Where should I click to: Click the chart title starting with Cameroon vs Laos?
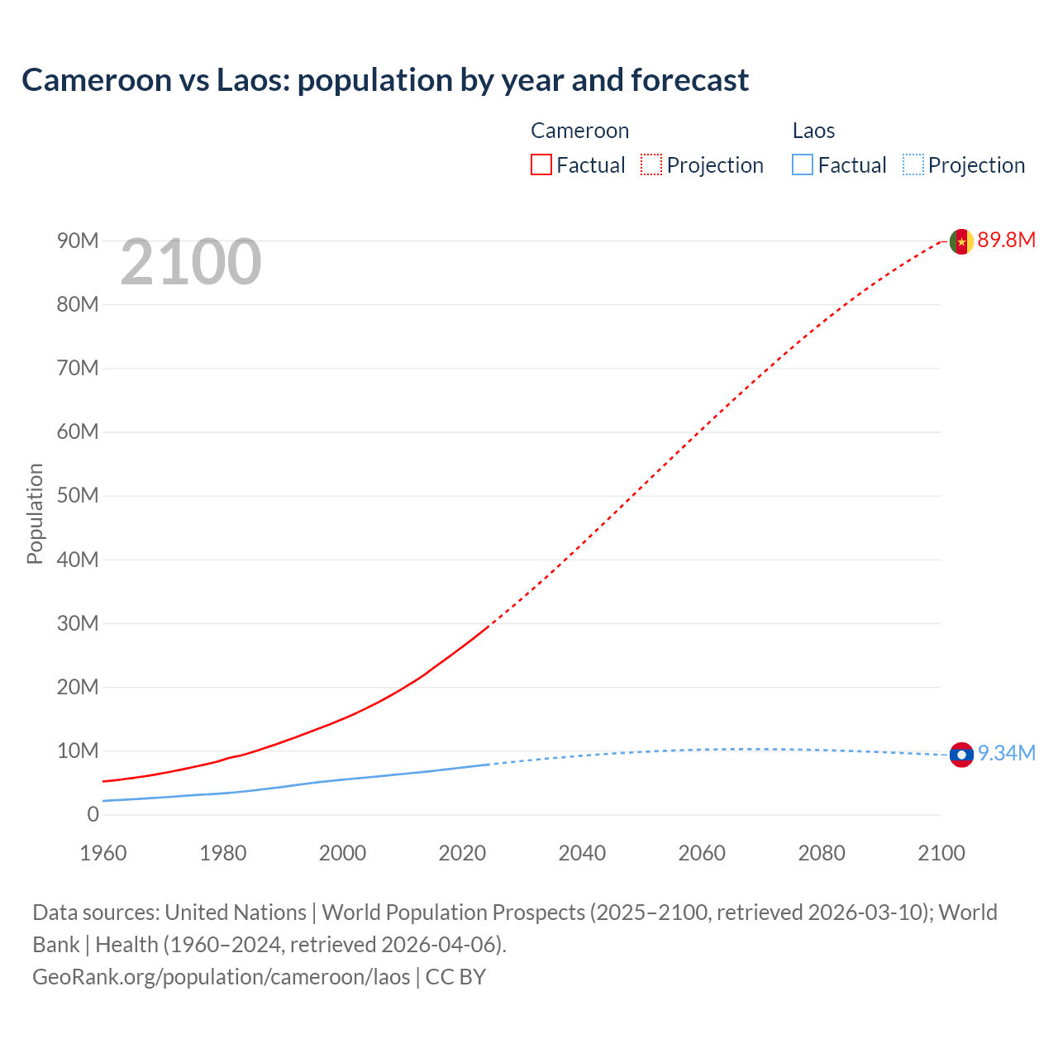[385, 80]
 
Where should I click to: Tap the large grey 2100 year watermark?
[191, 262]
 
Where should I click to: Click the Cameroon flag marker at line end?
[960, 241]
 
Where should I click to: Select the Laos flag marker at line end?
[960, 754]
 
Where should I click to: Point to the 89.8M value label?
[1006, 241]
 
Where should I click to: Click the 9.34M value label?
[1006, 753]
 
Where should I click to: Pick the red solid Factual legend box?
[541, 164]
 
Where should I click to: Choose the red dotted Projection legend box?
[651, 164]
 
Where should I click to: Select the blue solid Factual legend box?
[803, 164]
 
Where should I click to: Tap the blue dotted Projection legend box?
[913, 164]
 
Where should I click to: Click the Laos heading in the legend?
[813, 131]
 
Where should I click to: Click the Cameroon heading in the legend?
[579, 131]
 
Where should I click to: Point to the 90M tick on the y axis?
[78, 241]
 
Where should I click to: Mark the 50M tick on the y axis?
[78, 495]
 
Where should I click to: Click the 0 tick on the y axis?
[93, 814]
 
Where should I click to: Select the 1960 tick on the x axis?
[103, 853]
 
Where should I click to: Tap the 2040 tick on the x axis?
[582, 853]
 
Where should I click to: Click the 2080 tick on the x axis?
[822, 853]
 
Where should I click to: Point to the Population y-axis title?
[35, 513]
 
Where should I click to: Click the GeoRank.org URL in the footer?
[222, 976]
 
